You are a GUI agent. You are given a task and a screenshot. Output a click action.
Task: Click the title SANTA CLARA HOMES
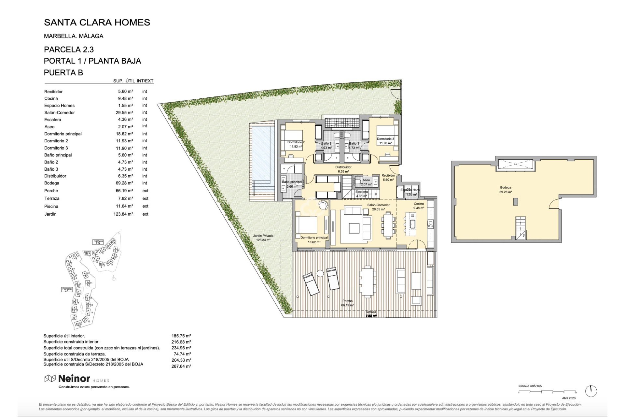tap(97, 22)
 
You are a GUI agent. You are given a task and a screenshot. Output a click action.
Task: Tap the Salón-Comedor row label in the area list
tap(60, 113)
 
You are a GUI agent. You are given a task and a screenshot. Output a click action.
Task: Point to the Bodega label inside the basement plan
tap(506, 188)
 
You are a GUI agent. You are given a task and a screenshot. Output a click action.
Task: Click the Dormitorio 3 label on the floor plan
tap(385, 139)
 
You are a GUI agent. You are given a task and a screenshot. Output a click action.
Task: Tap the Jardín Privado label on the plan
tap(263, 236)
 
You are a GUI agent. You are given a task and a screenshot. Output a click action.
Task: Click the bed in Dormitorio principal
tap(306, 225)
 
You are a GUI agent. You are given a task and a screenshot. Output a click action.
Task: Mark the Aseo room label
tap(366, 180)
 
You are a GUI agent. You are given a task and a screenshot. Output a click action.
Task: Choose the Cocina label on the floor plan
tap(419, 204)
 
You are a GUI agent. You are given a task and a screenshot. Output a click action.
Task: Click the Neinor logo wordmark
tap(74, 379)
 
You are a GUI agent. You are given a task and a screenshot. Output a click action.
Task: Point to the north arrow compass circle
tap(591, 391)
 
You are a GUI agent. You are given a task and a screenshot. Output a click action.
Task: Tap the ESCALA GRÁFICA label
tap(530, 386)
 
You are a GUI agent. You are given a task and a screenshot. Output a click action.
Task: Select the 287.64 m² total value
tap(181, 367)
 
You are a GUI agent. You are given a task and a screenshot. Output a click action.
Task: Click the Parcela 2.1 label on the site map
tap(67, 289)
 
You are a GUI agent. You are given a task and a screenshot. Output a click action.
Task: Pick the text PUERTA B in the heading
tap(63, 73)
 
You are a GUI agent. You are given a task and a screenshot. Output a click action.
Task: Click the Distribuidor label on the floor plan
tap(343, 167)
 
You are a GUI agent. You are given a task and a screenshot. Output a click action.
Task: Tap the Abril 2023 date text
tap(569, 398)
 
